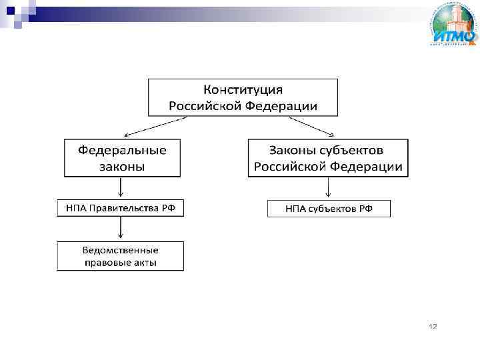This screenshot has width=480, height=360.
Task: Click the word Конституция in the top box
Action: (x=243, y=89)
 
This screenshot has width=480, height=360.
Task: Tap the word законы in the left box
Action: (x=122, y=166)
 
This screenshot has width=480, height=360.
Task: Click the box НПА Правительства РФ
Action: (x=120, y=209)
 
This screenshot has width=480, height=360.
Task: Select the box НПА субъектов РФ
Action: (x=329, y=209)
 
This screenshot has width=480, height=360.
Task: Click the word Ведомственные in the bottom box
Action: (x=120, y=250)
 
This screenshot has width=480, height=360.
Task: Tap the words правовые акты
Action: (x=120, y=263)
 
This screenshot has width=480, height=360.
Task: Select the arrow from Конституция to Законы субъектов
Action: (x=312, y=125)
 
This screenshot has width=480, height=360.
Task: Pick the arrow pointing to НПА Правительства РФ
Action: (x=120, y=188)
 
